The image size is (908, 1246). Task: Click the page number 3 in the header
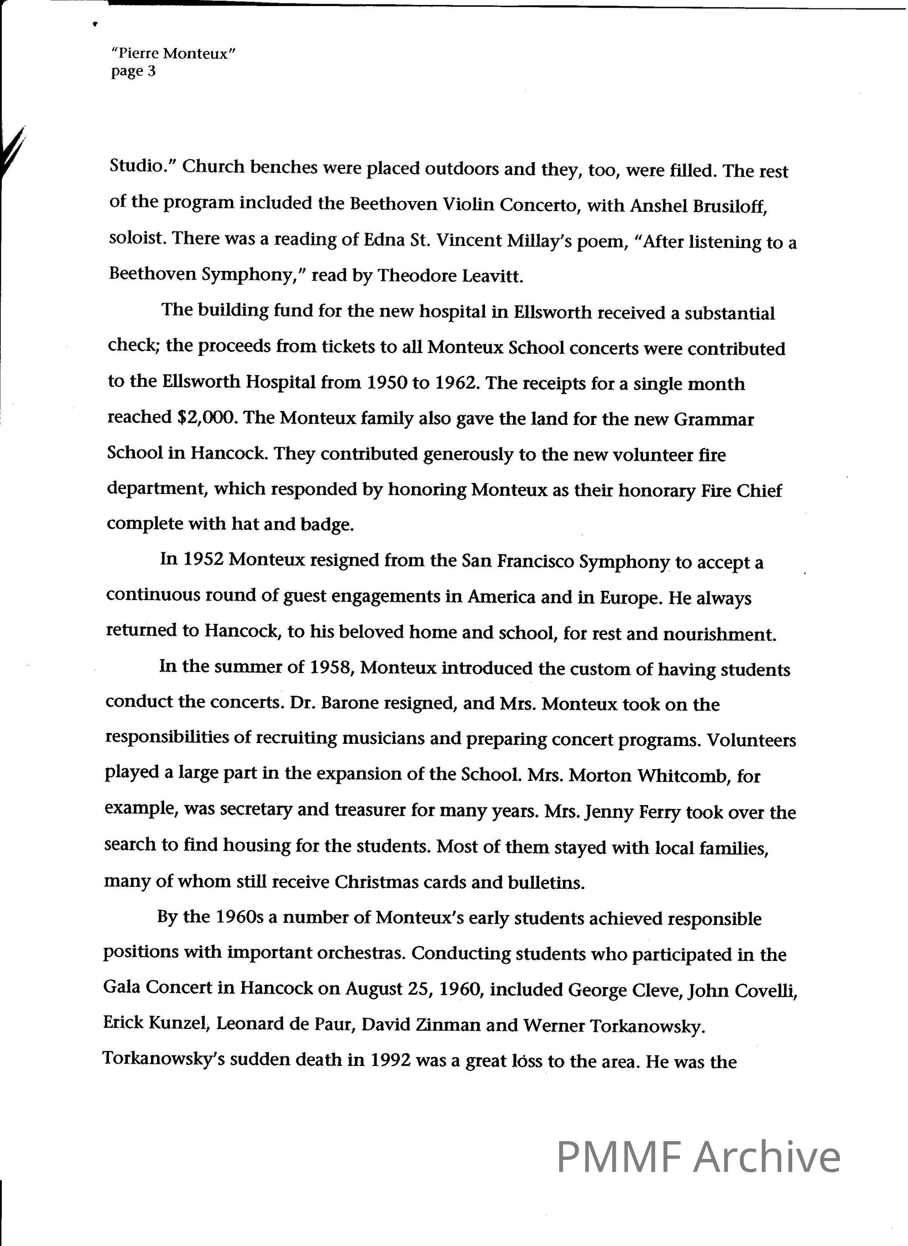[151, 71]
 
